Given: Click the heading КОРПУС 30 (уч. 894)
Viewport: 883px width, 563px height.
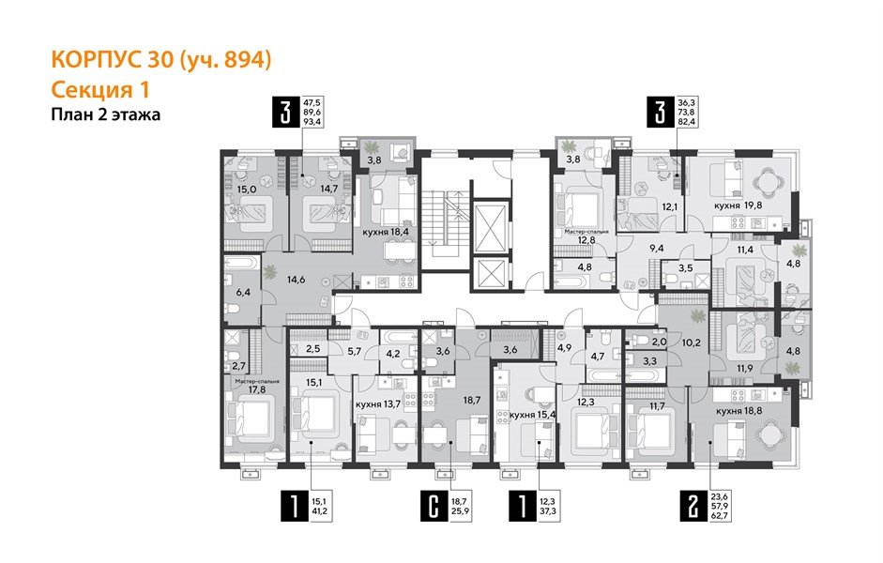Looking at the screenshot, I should click(x=160, y=61).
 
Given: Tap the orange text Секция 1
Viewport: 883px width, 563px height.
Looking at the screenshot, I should click(x=100, y=89).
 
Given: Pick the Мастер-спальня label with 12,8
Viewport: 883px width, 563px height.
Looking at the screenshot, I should click(x=586, y=234).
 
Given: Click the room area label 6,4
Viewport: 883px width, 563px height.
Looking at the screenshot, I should click(x=243, y=293).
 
